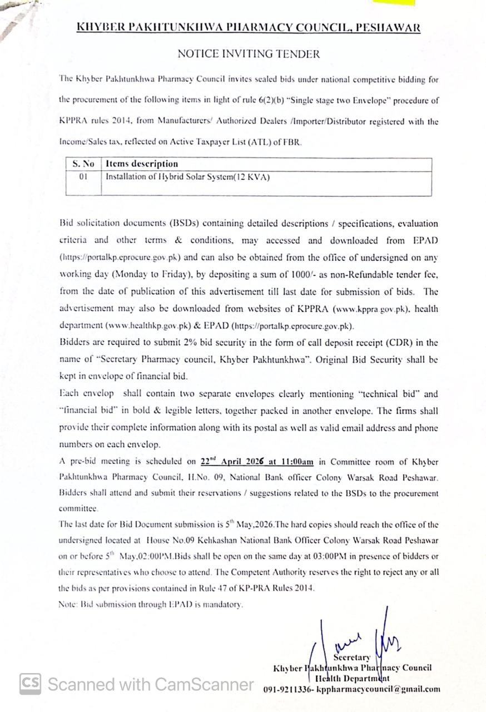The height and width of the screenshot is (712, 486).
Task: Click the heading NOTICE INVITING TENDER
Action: click(249, 54)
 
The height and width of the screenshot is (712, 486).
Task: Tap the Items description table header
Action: click(142, 164)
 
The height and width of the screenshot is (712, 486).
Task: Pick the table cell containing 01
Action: click(83, 177)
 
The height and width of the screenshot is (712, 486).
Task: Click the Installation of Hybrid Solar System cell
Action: click(188, 177)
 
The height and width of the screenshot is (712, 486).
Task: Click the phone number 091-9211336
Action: click(287, 689)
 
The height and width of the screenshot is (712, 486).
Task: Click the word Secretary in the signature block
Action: click(351, 657)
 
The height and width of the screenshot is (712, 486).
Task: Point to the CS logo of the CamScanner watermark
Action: click(30, 684)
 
